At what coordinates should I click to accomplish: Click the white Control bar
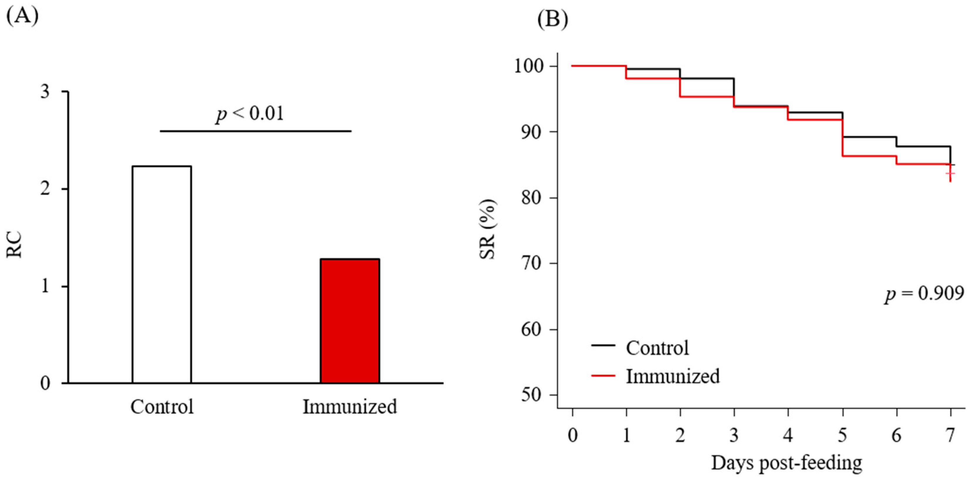pyautogui.click(x=162, y=274)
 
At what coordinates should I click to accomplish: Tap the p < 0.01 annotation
pyautogui.click(x=250, y=114)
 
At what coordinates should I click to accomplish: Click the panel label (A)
pyautogui.click(x=22, y=16)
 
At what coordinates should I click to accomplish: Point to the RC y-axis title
pyautogui.click(x=14, y=245)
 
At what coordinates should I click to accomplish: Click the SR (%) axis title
pyautogui.click(x=487, y=229)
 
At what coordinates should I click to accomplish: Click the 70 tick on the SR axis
pyautogui.click(x=533, y=264)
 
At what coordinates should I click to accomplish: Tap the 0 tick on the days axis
pyautogui.click(x=573, y=436)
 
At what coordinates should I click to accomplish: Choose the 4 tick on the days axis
pyautogui.click(x=788, y=436)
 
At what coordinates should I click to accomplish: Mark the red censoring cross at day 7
pyautogui.click(x=950, y=173)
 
